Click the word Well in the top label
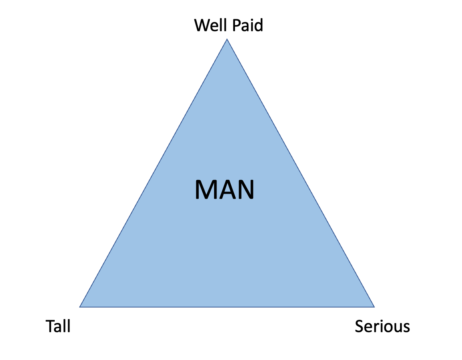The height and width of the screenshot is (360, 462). point(209,25)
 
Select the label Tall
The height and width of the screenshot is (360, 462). point(58,326)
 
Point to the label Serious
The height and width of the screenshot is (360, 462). point(382,326)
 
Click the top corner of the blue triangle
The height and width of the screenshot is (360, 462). point(227,39)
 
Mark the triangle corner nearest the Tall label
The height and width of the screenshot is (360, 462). point(80,307)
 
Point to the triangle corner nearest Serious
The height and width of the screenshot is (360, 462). point(374,307)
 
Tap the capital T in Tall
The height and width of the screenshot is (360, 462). point(50,326)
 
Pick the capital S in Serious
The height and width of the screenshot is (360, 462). point(359,326)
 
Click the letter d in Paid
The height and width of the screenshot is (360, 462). point(258,25)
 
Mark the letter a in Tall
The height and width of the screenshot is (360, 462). point(58,327)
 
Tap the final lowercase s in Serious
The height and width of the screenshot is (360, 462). point(406,327)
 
